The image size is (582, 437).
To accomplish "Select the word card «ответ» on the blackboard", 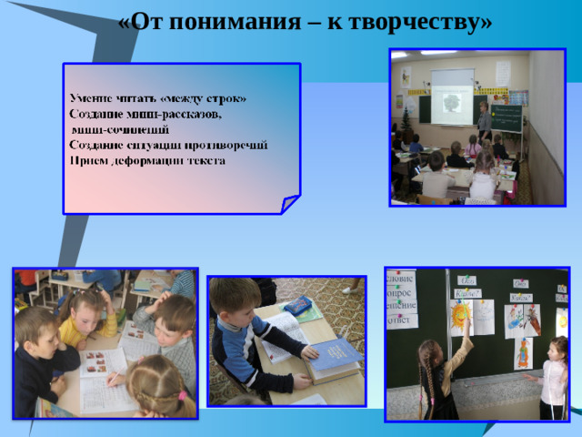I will [x=401, y=320].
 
